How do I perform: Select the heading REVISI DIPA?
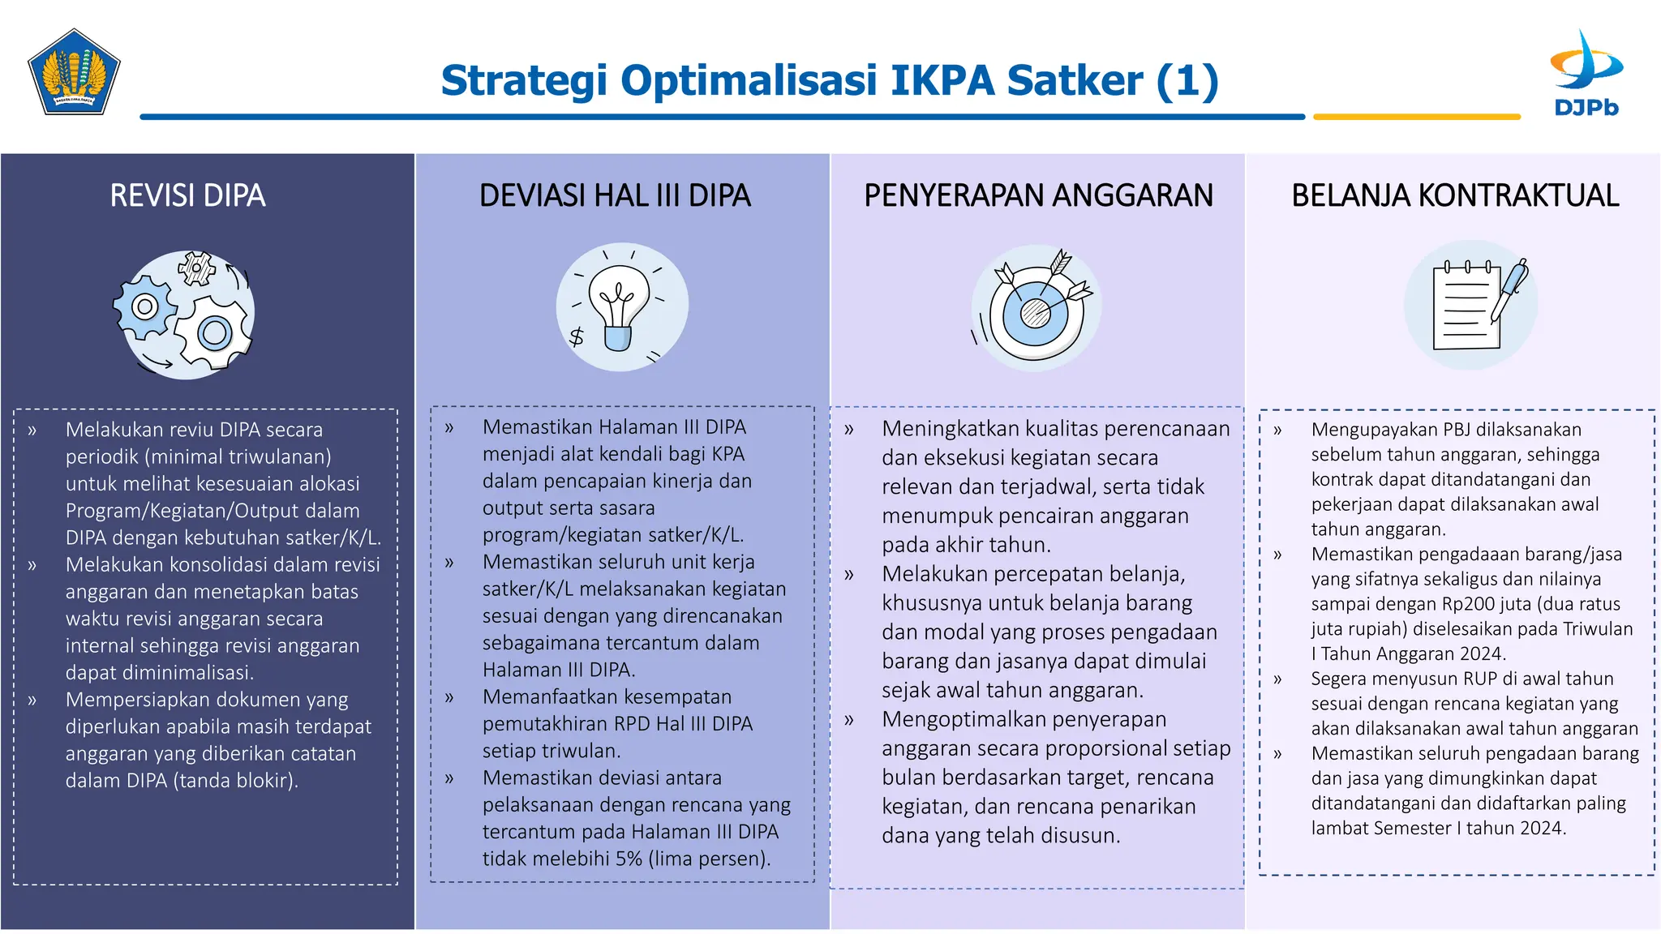(x=187, y=196)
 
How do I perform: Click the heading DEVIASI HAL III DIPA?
(x=615, y=196)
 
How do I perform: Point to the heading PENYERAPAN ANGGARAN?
(x=1038, y=196)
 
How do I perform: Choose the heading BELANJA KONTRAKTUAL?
(x=1455, y=196)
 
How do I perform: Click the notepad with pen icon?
(x=1470, y=305)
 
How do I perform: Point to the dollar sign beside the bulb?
(x=577, y=336)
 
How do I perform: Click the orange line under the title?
(x=1416, y=118)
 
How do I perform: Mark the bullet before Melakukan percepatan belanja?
(x=849, y=575)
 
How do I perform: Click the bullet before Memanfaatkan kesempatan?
(x=449, y=697)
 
